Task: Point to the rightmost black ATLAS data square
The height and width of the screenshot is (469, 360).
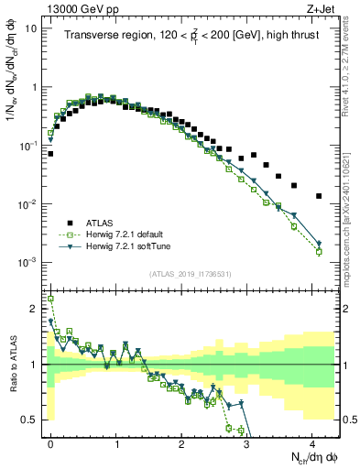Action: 319,196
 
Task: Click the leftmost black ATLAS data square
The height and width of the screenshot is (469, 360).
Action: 50,154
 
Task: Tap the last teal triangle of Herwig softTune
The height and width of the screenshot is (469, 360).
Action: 319,245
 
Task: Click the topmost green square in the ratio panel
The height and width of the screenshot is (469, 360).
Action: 50,299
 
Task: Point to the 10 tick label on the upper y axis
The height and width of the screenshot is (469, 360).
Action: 31,27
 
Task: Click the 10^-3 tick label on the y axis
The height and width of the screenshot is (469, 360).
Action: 27,262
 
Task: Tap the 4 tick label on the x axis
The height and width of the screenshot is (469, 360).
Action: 312,442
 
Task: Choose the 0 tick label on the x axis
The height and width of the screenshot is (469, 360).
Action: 50,442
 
